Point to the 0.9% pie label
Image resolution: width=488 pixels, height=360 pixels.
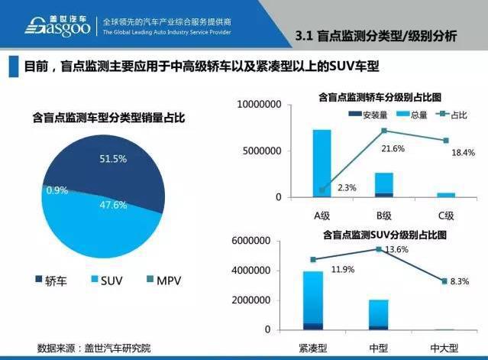[57, 189]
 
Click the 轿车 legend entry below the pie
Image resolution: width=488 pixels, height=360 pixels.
[50, 282]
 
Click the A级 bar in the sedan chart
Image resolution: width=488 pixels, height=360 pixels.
[322, 164]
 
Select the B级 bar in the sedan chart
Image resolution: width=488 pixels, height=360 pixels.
[384, 185]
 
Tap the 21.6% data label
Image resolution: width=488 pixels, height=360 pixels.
[394, 148]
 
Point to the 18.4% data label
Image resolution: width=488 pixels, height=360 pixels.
[464, 152]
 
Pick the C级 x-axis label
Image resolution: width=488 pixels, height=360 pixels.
[445, 215]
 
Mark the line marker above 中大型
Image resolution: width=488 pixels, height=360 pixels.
[445, 281]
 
